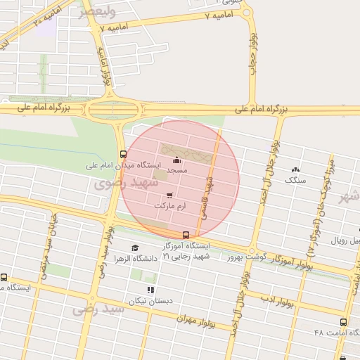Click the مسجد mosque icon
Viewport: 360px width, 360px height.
176,160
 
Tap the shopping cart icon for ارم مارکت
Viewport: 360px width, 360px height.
169,195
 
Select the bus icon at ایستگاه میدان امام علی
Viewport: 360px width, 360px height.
123,155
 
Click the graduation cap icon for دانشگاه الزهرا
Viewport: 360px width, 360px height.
135,247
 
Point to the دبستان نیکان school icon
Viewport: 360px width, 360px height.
150,290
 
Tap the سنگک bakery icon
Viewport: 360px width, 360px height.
295,169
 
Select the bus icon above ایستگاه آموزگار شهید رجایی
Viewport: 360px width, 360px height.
186,235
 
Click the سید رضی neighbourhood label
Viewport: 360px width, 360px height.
94,308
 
